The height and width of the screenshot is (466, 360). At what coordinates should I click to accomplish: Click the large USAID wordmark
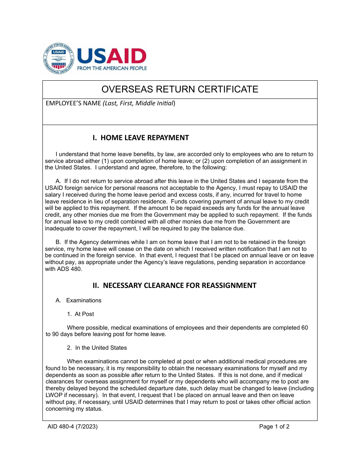point(112,56)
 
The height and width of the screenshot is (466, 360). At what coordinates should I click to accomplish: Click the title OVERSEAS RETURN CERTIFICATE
point(180,89)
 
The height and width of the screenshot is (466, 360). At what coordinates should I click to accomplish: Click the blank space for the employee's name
point(180,116)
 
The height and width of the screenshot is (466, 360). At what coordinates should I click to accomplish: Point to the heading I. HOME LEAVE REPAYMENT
point(141,138)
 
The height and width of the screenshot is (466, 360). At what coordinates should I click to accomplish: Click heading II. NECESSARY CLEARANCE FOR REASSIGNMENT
point(175,285)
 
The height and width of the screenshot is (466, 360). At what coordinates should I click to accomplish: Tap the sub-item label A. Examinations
point(78,300)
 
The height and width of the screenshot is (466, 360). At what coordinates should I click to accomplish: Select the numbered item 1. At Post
point(80,314)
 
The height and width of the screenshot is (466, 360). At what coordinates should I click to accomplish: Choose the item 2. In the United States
point(97,348)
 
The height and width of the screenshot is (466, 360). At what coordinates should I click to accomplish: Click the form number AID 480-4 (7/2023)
point(73,427)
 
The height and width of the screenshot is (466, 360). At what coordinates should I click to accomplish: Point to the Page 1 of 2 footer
point(274,427)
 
